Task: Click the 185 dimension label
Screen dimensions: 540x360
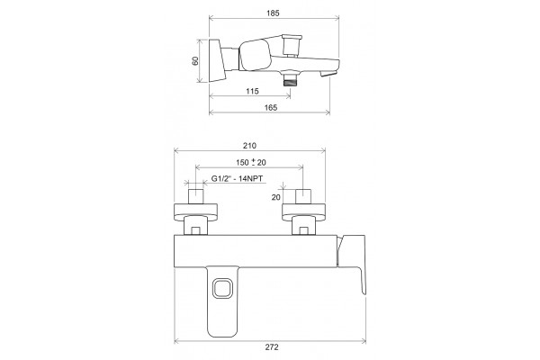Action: (273, 13)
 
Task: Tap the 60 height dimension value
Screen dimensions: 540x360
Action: (195, 61)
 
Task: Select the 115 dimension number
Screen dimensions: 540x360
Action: (252, 91)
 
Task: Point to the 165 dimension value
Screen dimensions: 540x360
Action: (271, 107)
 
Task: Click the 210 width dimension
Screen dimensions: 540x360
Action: (249, 146)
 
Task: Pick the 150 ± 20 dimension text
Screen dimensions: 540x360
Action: (251, 162)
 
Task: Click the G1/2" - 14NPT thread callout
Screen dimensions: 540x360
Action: (237, 179)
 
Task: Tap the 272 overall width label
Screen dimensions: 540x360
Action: (272, 346)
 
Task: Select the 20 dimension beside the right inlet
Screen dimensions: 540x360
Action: (276, 197)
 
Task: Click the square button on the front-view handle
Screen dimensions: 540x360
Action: (222, 288)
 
